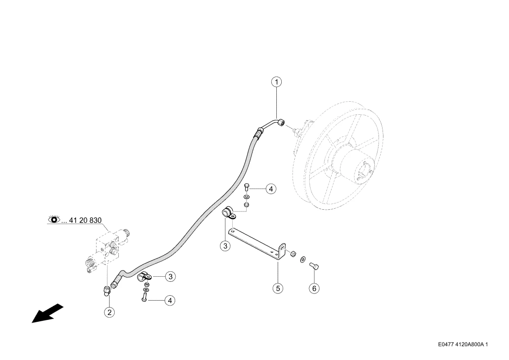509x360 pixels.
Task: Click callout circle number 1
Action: pyautogui.click(x=277, y=82)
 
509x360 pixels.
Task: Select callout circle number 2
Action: pyautogui.click(x=109, y=312)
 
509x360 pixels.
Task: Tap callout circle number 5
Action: pyautogui.click(x=278, y=288)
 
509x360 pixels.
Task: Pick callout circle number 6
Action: pyautogui.click(x=314, y=288)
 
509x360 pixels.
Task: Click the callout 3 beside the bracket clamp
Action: pyautogui.click(x=225, y=246)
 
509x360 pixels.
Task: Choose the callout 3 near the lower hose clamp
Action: pyautogui.click(x=170, y=277)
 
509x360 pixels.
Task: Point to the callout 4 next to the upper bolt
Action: pyautogui.click(x=271, y=189)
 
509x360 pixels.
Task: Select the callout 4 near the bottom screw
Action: pyautogui.click(x=170, y=301)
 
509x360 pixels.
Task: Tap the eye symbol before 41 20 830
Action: pyautogui.click(x=54, y=220)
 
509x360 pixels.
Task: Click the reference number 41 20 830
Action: pyautogui.click(x=86, y=220)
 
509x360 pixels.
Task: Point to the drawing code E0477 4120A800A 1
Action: pyautogui.click(x=463, y=344)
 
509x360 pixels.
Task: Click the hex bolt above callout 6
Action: pyautogui.click(x=314, y=266)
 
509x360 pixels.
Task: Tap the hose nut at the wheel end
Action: pyautogui.click(x=281, y=123)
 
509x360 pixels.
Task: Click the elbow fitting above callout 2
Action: pyautogui.click(x=107, y=291)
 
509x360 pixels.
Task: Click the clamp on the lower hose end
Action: pyautogui.click(x=144, y=277)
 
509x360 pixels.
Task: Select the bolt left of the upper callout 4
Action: pyautogui.click(x=246, y=187)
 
